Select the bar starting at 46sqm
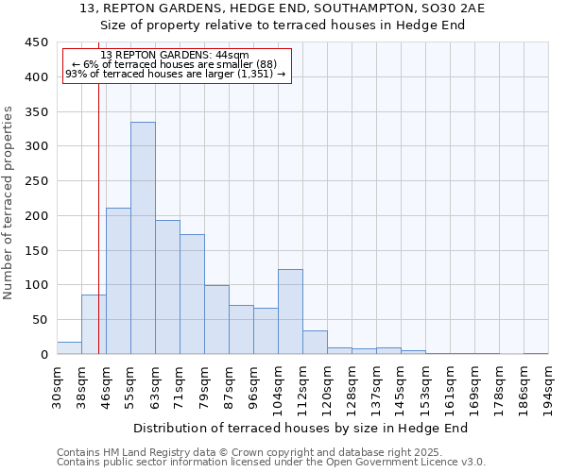click(x=118, y=281)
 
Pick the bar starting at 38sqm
click(x=94, y=325)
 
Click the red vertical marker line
click(x=98, y=217)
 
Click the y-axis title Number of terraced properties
click(x=9, y=202)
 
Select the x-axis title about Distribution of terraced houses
click(x=301, y=428)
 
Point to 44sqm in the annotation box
click(x=232, y=56)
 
